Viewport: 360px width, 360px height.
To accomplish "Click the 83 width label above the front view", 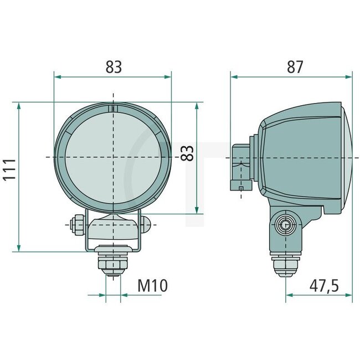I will (x=114, y=66).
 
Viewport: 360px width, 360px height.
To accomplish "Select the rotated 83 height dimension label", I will (x=188, y=153).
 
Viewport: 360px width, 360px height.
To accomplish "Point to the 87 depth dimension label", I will (x=295, y=66).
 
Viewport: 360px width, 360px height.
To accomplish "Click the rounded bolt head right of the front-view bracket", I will (x=146, y=224).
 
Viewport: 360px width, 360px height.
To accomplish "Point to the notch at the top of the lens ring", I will (x=113, y=109).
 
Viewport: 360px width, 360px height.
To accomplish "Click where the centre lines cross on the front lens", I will (x=113, y=157).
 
